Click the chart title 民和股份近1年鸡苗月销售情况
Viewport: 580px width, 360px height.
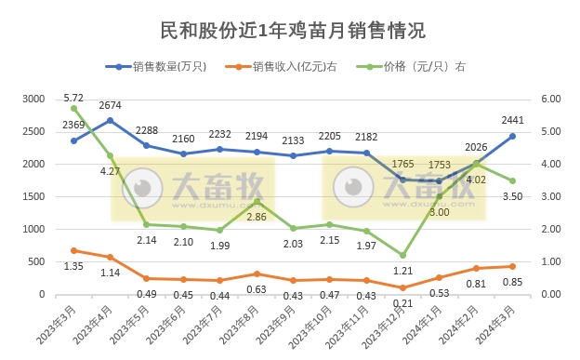pyautogui.click(x=289, y=30)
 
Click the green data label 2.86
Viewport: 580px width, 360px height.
pyautogui.click(x=257, y=217)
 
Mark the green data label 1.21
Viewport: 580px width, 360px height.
pyautogui.click(x=403, y=271)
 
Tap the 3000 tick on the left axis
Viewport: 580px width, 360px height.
pyautogui.click(x=33, y=99)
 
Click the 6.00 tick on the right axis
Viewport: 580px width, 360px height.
pyautogui.click(x=550, y=99)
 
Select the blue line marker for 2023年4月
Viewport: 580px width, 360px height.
pyautogui.click(x=111, y=120)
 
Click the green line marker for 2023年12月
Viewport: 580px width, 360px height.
pyautogui.click(x=403, y=255)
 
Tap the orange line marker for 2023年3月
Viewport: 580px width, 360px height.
pyautogui.click(x=74, y=250)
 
